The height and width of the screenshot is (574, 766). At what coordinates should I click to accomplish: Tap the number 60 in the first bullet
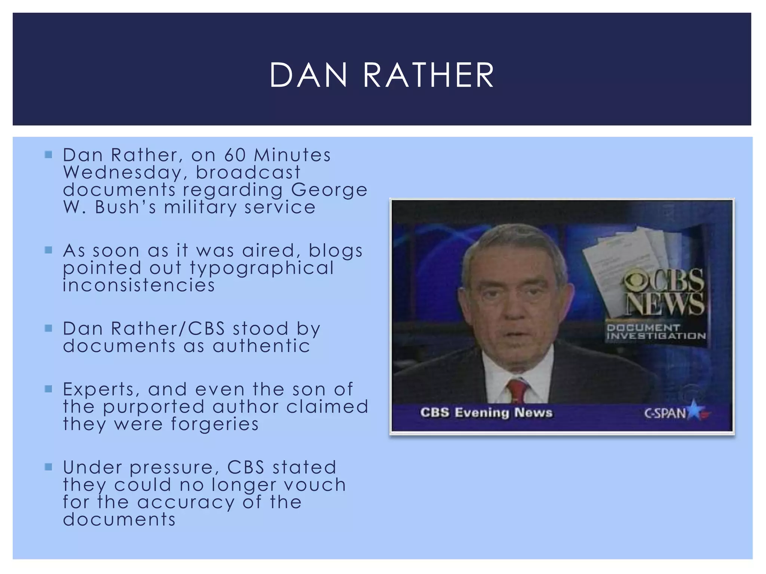(235, 155)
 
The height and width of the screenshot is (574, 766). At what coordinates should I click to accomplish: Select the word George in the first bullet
(329, 190)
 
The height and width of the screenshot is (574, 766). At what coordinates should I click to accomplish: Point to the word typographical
(261, 268)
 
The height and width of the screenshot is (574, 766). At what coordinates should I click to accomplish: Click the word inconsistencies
(139, 286)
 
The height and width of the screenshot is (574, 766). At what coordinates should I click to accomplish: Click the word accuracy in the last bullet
(186, 502)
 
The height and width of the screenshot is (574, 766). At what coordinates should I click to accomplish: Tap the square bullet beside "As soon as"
(49, 250)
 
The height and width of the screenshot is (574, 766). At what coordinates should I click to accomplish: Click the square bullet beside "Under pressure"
(49, 467)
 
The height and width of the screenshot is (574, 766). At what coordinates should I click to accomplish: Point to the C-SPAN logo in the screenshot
(676, 413)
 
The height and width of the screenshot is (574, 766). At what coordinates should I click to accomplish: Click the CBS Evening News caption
(486, 413)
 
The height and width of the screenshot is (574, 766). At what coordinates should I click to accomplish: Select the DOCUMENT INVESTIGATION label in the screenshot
(656, 332)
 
